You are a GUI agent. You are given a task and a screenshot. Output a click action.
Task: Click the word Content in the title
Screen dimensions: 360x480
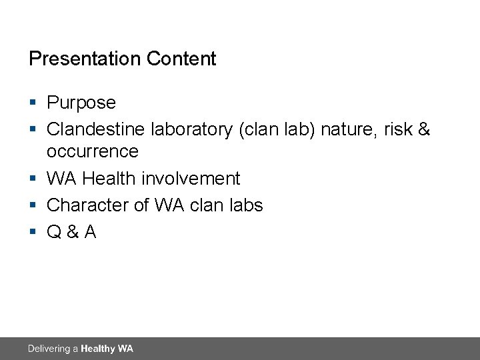pyautogui.click(x=181, y=59)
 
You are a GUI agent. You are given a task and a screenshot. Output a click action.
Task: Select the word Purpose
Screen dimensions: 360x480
pyautogui.click(x=81, y=103)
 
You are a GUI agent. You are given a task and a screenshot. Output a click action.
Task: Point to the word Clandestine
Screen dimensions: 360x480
pyautogui.click(x=96, y=129)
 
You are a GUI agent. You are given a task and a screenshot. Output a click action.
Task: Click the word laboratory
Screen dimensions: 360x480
pyautogui.click(x=191, y=129)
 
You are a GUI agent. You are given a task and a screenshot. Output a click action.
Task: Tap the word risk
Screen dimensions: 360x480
pyautogui.click(x=398, y=129)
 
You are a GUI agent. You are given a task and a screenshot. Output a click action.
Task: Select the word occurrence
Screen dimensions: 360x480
pyautogui.click(x=92, y=151)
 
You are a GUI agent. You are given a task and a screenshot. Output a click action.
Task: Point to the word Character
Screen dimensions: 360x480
pyautogui.click(x=88, y=205)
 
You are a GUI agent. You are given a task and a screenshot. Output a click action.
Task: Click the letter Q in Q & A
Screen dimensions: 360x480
pyautogui.click(x=54, y=231)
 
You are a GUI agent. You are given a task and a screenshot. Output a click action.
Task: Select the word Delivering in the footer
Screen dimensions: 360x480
pyautogui.click(x=49, y=349)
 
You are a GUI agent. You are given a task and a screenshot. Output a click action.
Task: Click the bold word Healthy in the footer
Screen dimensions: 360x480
pyautogui.click(x=97, y=349)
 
